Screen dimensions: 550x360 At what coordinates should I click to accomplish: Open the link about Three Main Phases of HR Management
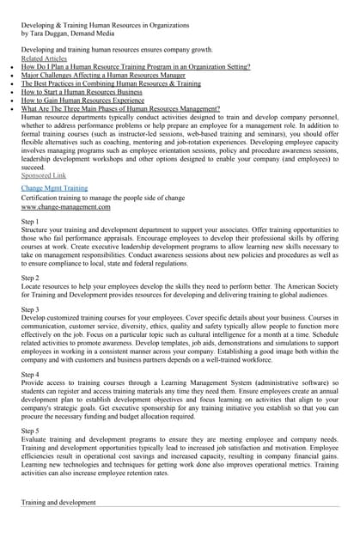[x=120, y=109]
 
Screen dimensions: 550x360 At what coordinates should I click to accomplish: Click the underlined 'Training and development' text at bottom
[x=58, y=502]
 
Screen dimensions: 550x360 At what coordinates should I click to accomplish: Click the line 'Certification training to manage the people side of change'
[x=102, y=198]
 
